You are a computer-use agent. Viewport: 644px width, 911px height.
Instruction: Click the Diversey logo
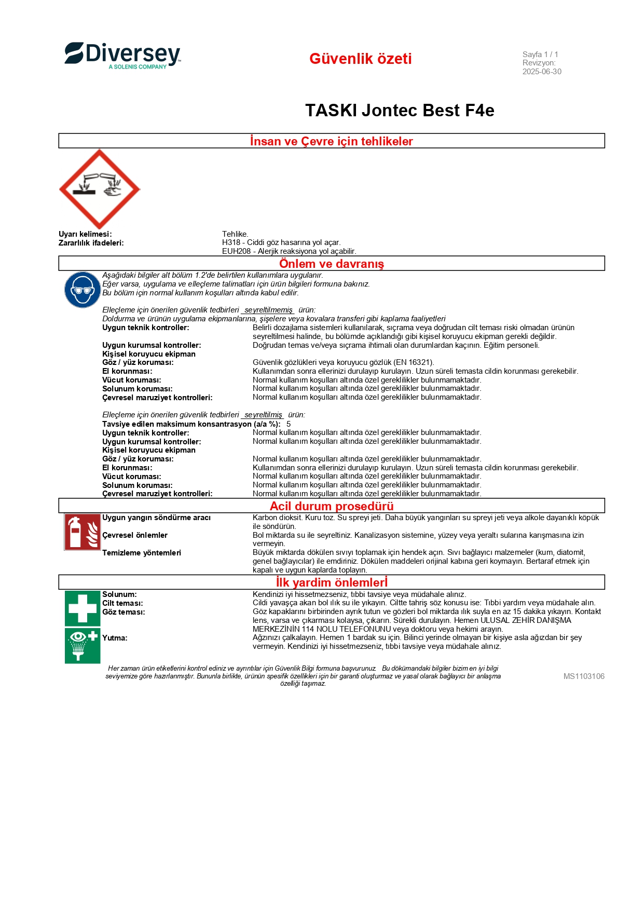point(122,56)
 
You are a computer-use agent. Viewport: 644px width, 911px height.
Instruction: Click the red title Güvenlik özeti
point(360,59)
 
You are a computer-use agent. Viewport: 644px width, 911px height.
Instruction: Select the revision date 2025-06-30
point(542,72)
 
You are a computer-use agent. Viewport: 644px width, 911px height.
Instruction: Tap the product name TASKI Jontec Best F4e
point(400,111)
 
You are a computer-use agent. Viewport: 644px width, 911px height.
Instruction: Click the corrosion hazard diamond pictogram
point(100,189)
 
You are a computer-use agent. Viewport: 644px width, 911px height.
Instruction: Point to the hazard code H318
point(231,242)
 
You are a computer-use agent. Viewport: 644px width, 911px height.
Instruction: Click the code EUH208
point(236,251)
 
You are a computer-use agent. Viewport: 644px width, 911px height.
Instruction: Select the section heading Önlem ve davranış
point(331,264)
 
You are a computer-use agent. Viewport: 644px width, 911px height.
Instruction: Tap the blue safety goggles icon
point(83,290)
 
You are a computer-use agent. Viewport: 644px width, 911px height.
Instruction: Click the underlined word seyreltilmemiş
point(268,310)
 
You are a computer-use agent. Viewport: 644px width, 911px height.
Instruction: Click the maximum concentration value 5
point(289,424)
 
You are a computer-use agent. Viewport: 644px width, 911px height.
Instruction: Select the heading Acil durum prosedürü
point(331,506)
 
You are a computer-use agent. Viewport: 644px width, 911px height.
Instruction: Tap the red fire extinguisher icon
point(83,532)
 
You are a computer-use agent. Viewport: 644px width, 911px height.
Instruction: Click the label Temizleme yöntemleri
point(142,553)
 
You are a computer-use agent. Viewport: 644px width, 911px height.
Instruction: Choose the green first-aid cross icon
point(83,608)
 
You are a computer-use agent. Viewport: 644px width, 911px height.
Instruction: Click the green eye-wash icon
point(83,645)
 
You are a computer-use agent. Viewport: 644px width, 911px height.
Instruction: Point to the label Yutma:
point(115,638)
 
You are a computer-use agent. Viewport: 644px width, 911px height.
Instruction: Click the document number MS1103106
point(583,676)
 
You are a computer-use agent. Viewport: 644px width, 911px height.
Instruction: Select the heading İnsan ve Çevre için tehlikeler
point(331,141)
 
